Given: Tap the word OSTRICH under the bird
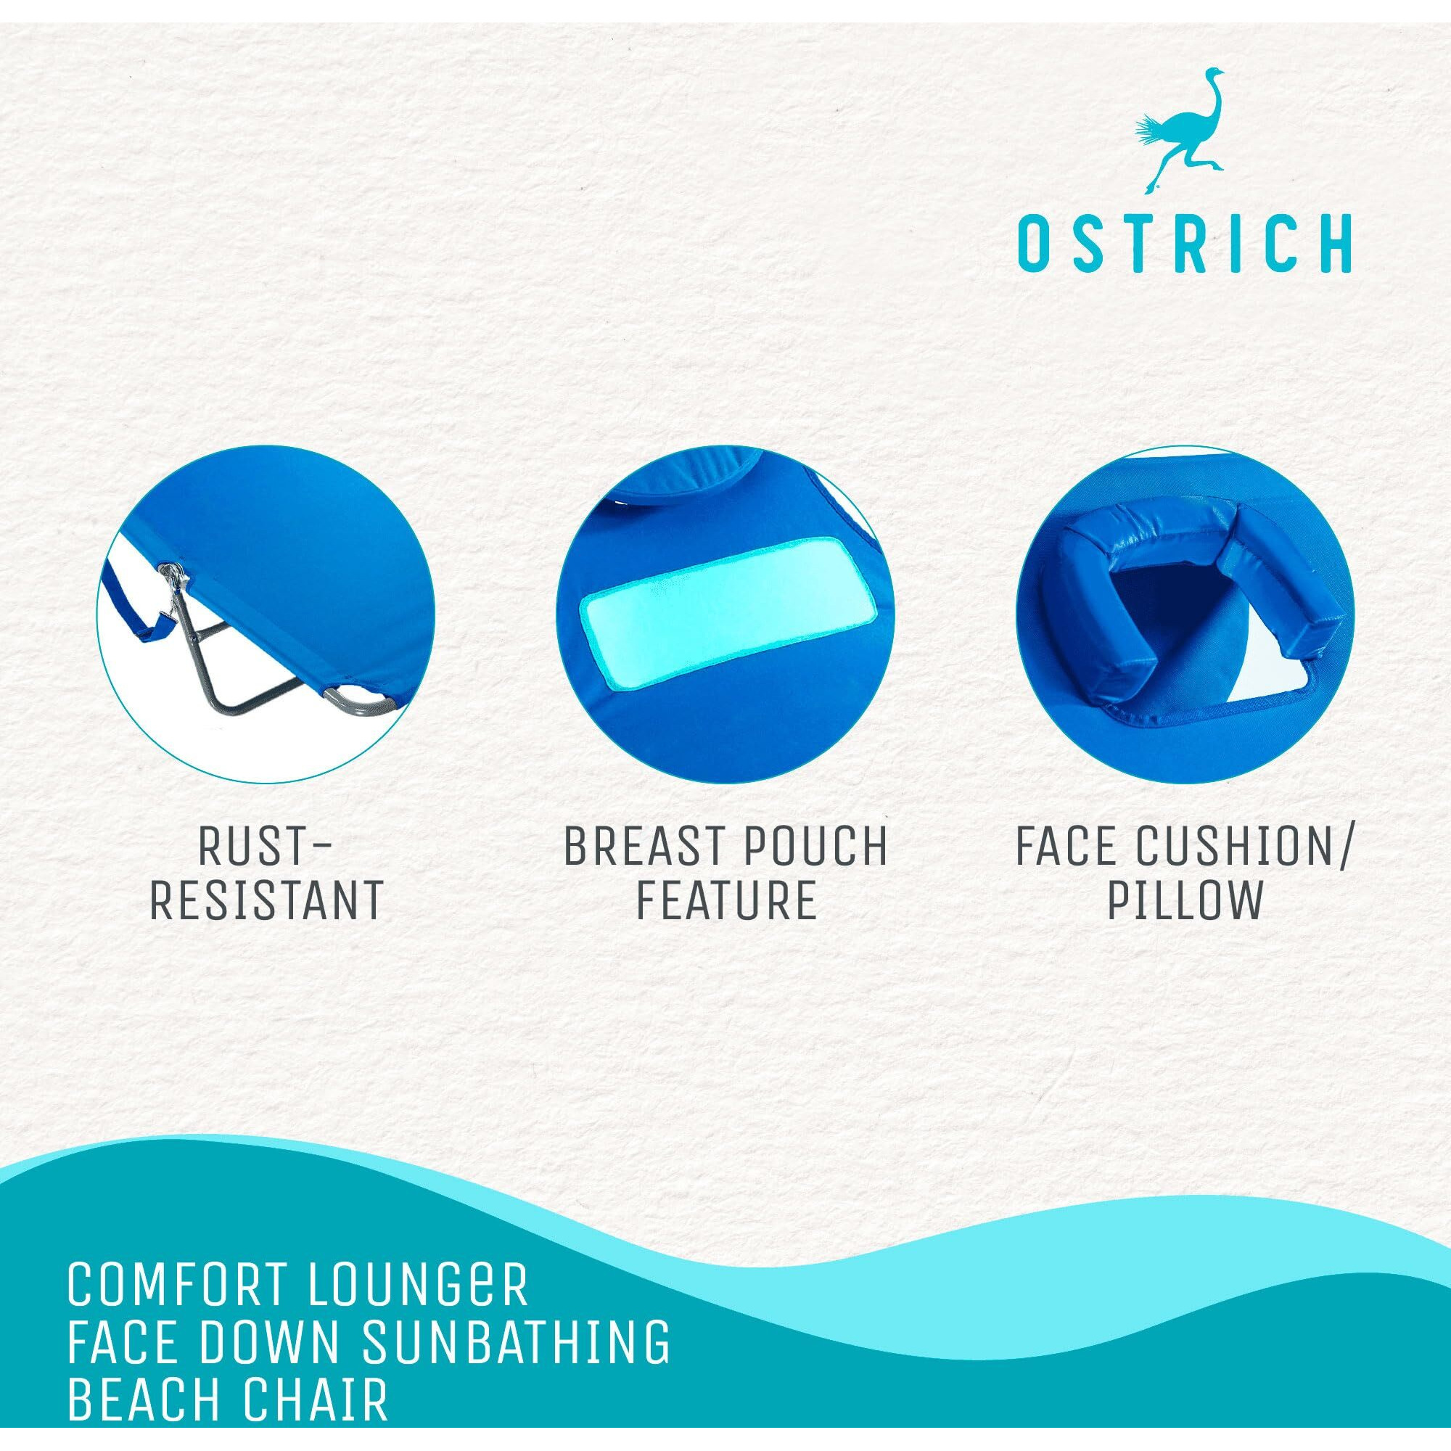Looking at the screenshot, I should click(1185, 243).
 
